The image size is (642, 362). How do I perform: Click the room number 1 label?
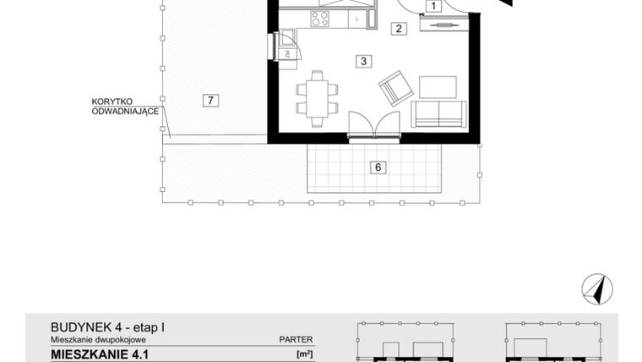pyautogui.click(x=433, y=8)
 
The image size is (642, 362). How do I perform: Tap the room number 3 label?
pyautogui.click(x=362, y=61)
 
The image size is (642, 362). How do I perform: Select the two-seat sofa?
pyautogui.click(x=438, y=112)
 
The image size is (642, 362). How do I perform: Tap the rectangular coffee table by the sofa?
pyautogui.click(x=438, y=87)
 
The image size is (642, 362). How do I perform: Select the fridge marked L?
pyautogui.click(x=358, y=17)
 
